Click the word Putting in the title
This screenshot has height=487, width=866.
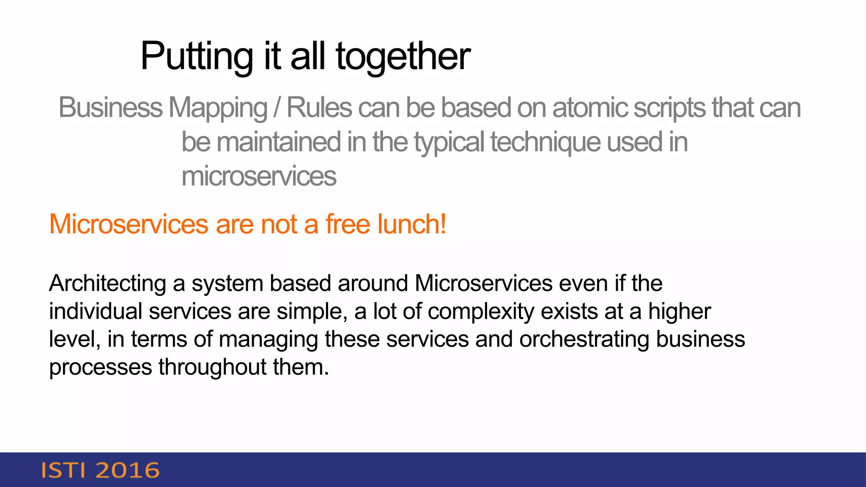(x=197, y=56)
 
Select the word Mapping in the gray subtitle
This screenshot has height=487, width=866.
(x=218, y=108)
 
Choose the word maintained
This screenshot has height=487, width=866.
(x=279, y=142)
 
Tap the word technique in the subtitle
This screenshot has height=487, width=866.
(x=545, y=142)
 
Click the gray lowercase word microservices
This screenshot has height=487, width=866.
(x=259, y=176)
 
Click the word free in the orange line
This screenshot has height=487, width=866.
(x=348, y=224)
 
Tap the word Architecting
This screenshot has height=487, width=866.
(x=107, y=283)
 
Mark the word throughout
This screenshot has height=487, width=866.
(x=212, y=367)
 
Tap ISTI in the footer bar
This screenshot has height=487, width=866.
(x=63, y=471)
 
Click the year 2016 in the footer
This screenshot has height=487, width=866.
(x=128, y=471)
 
